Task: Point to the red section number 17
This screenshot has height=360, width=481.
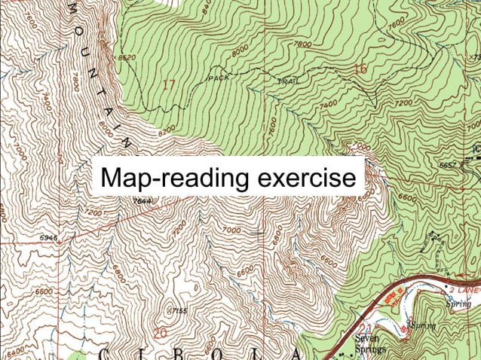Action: click(168, 84)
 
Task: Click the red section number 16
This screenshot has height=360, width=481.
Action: click(360, 69)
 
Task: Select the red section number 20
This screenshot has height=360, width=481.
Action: click(159, 332)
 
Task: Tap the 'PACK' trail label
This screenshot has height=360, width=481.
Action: click(218, 78)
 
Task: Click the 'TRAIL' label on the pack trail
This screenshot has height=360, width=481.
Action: click(289, 81)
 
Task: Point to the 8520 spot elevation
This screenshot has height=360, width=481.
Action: click(126, 57)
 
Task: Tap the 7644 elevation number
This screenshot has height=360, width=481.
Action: click(141, 201)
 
